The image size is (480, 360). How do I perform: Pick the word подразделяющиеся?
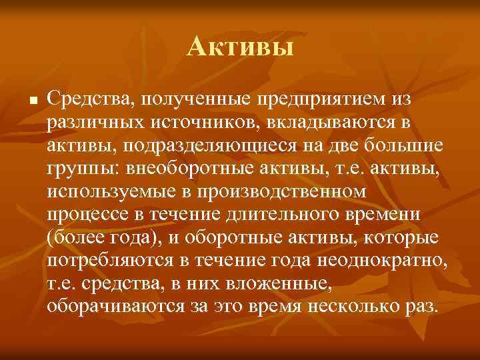[x=233, y=145]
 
